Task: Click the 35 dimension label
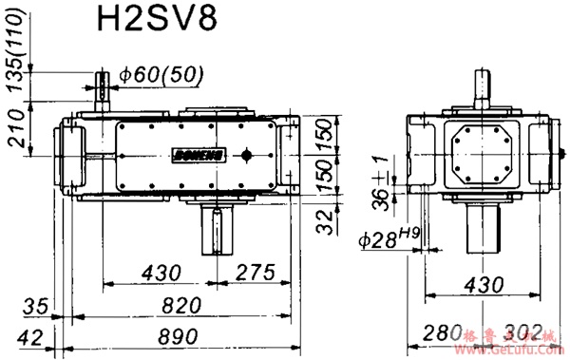point(34,305)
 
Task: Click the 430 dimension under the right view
point(482,283)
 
